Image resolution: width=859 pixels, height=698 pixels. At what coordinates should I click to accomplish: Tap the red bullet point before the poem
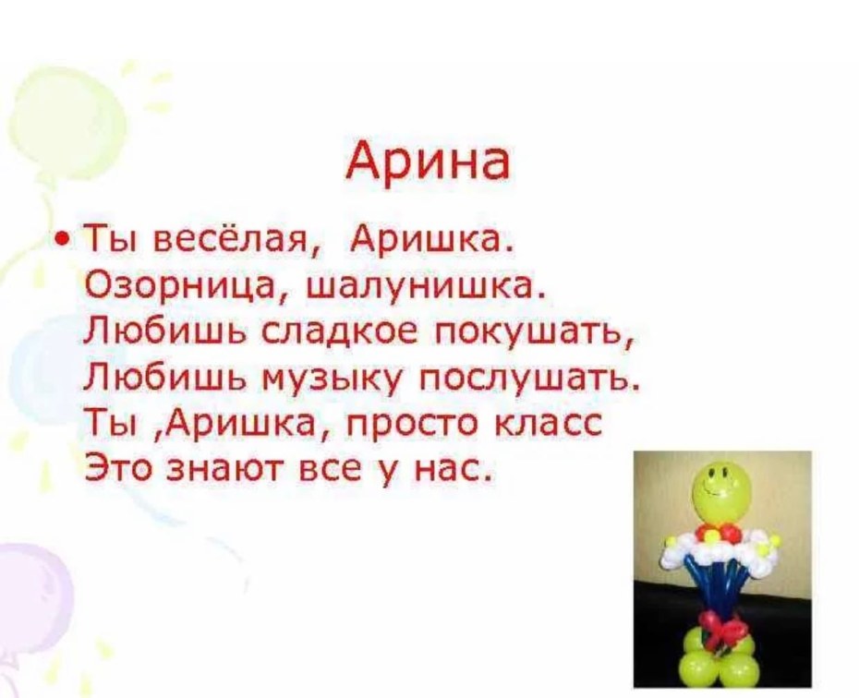coord(62,239)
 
